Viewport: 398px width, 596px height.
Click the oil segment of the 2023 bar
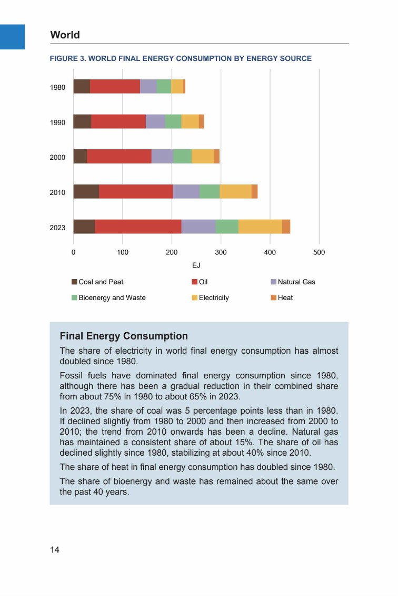(138, 227)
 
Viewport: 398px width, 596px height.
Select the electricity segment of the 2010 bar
(235, 192)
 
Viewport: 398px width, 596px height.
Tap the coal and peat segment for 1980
(82, 86)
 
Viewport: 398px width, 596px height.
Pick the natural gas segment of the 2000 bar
(162, 157)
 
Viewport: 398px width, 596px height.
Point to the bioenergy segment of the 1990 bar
(173, 121)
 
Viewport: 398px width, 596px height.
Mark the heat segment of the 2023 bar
(286, 227)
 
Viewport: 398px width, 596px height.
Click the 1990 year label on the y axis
(57, 122)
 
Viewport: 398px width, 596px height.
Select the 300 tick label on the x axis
(221, 253)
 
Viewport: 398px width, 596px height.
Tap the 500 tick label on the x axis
(319, 253)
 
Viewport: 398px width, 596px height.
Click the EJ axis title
(196, 265)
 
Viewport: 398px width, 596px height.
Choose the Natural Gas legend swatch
(273, 282)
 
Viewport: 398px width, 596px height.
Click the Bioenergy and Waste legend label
(112, 298)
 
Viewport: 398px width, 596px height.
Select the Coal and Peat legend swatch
(74, 282)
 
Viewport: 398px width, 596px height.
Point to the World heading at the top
(65, 35)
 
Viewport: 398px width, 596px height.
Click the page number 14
(55, 550)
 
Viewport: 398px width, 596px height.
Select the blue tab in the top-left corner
(12, 37)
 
